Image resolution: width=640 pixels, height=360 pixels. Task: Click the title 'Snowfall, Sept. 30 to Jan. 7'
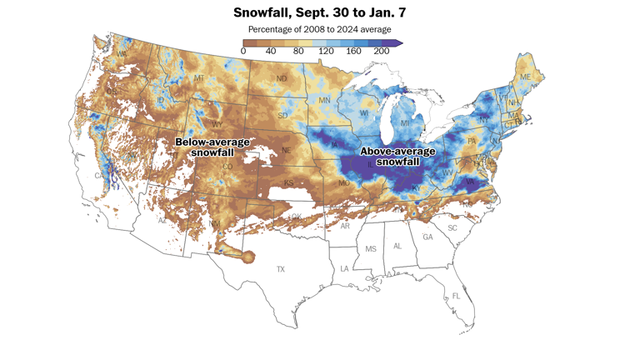[319, 13]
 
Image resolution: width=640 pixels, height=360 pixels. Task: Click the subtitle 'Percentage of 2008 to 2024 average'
[319, 30]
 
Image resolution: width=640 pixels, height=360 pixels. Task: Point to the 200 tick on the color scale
[382, 52]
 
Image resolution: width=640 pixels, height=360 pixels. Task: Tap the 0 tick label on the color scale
[243, 52]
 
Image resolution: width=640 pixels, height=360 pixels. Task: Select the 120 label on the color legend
[326, 52]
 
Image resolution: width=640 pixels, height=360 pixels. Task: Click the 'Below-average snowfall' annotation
[212, 147]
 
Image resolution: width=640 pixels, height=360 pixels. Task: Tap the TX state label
[281, 269]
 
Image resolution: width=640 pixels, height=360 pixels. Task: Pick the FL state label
[455, 297]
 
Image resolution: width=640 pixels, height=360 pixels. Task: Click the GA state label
[427, 237]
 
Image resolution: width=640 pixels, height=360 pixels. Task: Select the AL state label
[397, 246]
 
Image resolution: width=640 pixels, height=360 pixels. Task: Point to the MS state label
[371, 248]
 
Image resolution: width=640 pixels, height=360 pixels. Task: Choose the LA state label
[344, 268]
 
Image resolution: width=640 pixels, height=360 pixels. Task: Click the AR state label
[344, 226]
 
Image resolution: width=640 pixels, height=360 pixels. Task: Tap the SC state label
[453, 227]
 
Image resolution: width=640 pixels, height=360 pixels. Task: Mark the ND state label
[282, 79]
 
